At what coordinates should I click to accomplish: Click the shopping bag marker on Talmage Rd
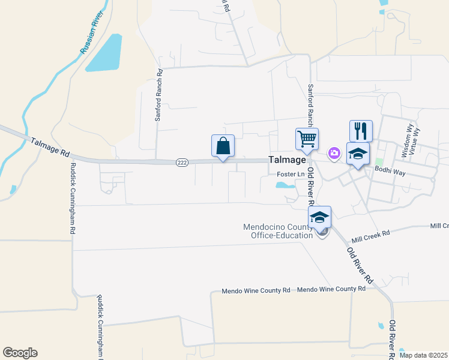[x=223, y=146]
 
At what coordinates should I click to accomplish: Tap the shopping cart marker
[x=307, y=139]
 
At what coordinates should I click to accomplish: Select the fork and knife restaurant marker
[x=361, y=131]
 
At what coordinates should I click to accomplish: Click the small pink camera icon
[x=334, y=154]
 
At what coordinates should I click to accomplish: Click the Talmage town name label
[x=288, y=160]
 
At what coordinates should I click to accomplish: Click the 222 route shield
[x=182, y=162]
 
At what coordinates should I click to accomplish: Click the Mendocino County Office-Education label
[x=278, y=231]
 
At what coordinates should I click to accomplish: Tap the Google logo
[x=20, y=353]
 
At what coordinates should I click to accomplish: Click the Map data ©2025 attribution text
[x=423, y=355]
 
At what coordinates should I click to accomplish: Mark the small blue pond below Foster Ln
[x=285, y=185]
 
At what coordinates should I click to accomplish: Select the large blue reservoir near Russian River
[x=106, y=53]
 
